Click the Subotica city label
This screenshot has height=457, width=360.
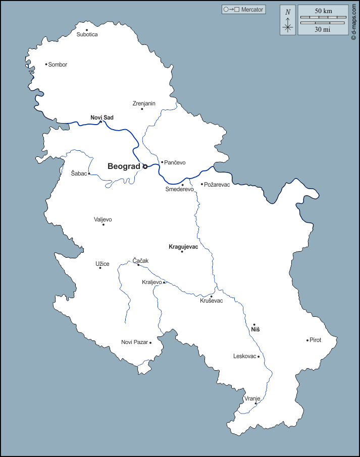pos(87,35)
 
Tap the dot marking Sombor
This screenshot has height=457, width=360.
pos(46,64)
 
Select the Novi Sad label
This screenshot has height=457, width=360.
pos(102,118)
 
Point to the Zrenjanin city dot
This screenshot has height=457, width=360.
pos(142,109)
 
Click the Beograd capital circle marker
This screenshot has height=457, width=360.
pos(145,166)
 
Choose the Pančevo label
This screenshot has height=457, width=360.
pos(175,162)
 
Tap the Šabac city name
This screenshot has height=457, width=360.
pos(79,174)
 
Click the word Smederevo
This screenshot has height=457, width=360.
pos(180,190)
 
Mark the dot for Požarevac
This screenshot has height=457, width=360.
pos(202,184)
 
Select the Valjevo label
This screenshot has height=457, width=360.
pos(103,219)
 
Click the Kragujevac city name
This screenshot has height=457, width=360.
pos(183,247)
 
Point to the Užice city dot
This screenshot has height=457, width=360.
pos(100,268)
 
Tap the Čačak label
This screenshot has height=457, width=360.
pos(141,261)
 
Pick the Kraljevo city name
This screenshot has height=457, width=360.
pos(152,282)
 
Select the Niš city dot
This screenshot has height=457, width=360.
pos(254,325)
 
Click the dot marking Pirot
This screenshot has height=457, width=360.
pos(307,340)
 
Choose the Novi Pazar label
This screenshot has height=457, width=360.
pos(134,342)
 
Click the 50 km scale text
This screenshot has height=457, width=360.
pos(323,11)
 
